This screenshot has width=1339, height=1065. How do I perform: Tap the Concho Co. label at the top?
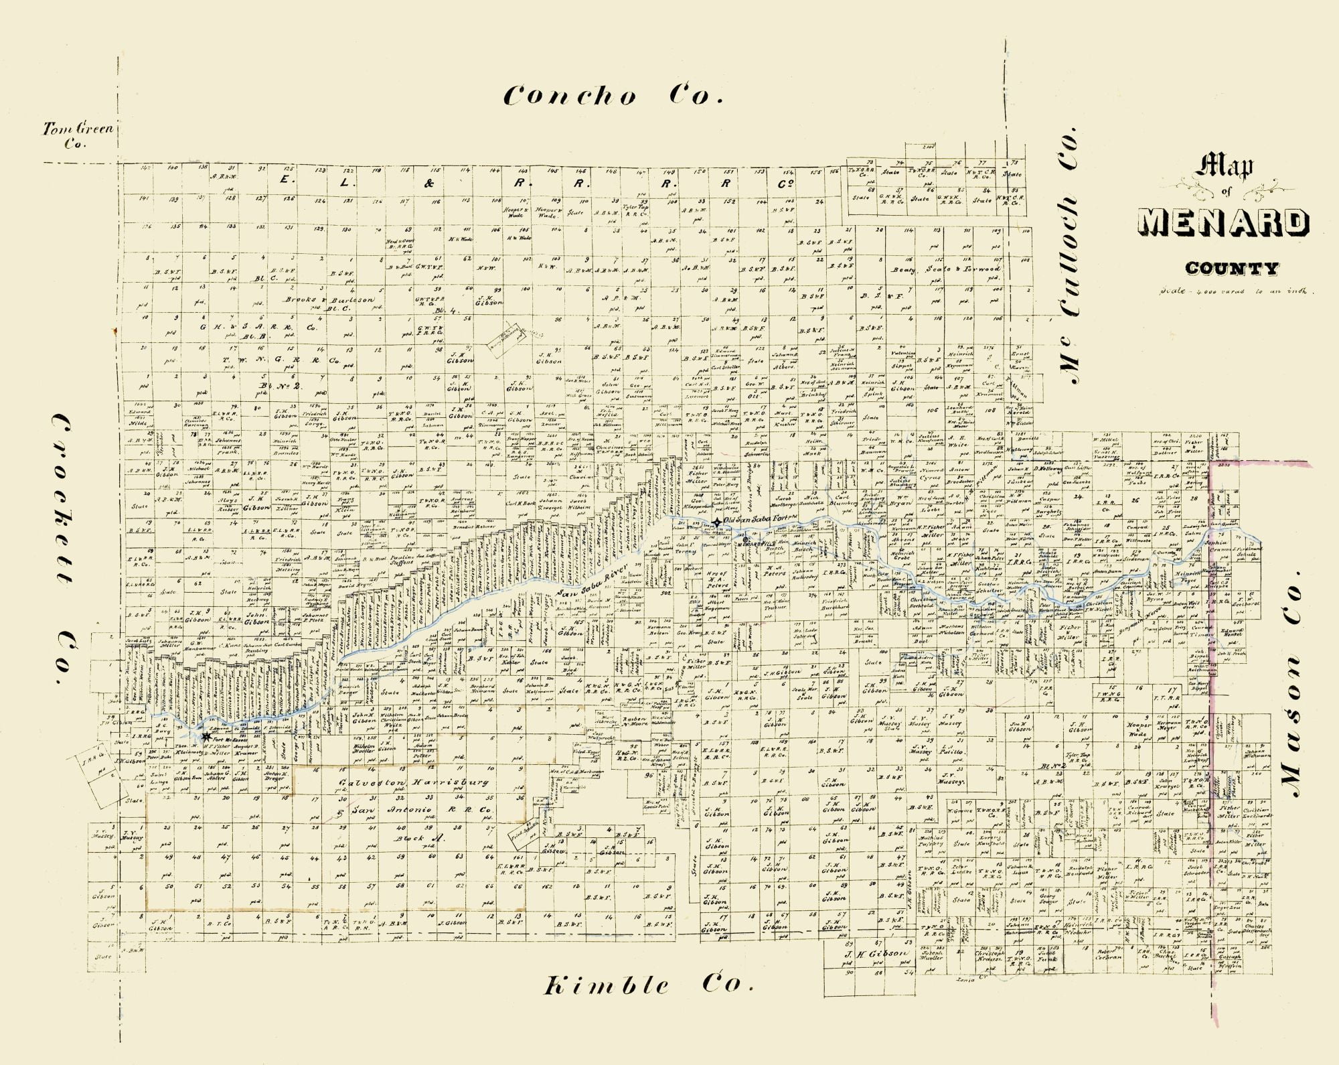(613, 96)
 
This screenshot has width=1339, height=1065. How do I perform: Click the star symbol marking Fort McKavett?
(206, 735)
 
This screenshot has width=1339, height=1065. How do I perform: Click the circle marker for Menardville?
(745, 539)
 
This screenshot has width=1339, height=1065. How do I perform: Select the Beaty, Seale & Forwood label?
(945, 269)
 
